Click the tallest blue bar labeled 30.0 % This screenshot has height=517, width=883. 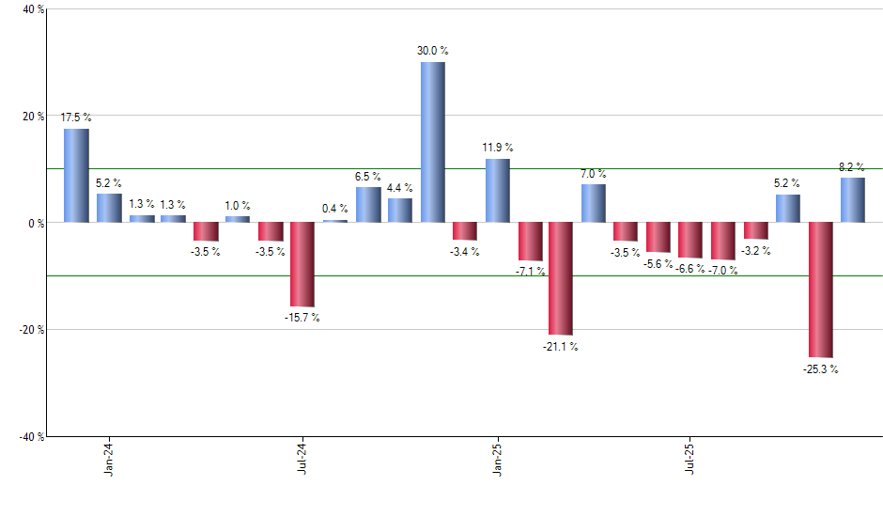click(x=432, y=142)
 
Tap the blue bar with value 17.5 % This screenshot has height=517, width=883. click(x=76, y=176)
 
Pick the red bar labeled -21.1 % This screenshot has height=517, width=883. click(x=562, y=278)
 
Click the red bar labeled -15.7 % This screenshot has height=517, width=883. click(x=302, y=264)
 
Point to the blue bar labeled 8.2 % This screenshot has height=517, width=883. click(x=853, y=200)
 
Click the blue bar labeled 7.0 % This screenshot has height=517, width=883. click(x=594, y=203)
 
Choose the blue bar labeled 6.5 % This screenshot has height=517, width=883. click(x=368, y=205)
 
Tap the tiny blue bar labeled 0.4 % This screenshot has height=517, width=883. click(x=335, y=221)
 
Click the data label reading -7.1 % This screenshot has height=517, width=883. click(x=529, y=272)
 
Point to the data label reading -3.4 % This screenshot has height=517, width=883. click(x=464, y=251)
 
